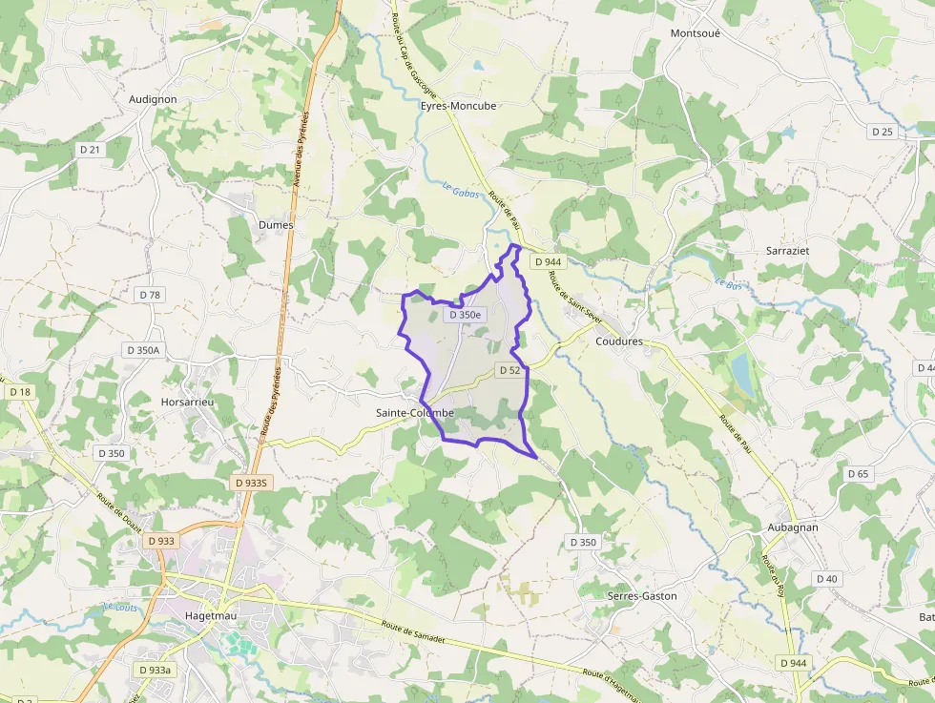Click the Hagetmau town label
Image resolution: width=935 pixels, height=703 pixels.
pyautogui.click(x=210, y=616)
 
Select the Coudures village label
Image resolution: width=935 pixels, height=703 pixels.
pyautogui.click(x=619, y=341)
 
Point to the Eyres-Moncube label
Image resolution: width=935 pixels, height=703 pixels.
pyautogui.click(x=459, y=106)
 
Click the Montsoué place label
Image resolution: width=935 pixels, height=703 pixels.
pyautogui.click(x=696, y=32)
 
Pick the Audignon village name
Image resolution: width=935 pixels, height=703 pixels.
pyautogui.click(x=153, y=98)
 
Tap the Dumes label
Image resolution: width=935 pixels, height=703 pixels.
pyautogui.click(x=276, y=225)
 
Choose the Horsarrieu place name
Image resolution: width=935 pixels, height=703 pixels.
pyautogui.click(x=188, y=403)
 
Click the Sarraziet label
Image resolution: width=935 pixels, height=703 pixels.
pyautogui.click(x=787, y=250)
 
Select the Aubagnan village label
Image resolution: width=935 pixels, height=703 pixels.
pyautogui.click(x=793, y=527)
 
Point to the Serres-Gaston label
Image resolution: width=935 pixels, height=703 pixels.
pyautogui.click(x=642, y=596)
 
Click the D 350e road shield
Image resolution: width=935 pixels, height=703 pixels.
pyautogui.click(x=465, y=315)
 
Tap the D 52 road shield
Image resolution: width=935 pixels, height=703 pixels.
pyautogui.click(x=509, y=370)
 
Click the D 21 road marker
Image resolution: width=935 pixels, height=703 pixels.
pyautogui.click(x=91, y=150)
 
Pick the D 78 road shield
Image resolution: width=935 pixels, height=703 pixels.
pyautogui.click(x=150, y=295)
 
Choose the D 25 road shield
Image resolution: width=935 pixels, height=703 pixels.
pyautogui.click(x=883, y=132)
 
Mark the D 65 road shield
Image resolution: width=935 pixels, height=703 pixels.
pyautogui.click(x=858, y=474)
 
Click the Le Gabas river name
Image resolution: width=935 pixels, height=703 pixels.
pyautogui.click(x=460, y=191)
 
